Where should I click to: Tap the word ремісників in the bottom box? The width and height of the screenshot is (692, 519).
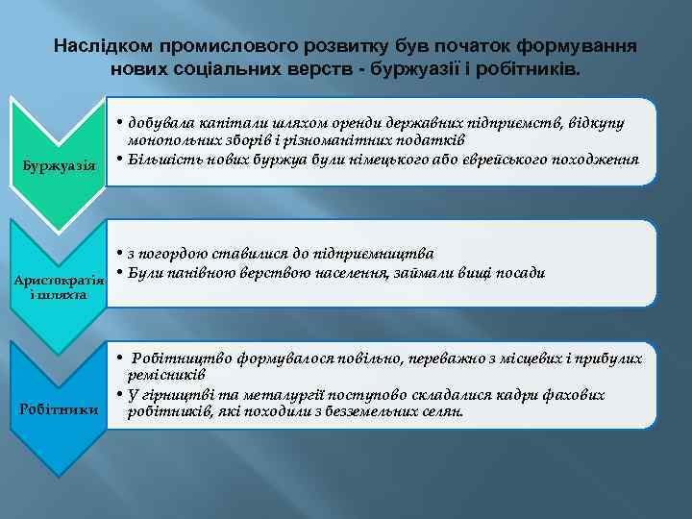tap(164, 374)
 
